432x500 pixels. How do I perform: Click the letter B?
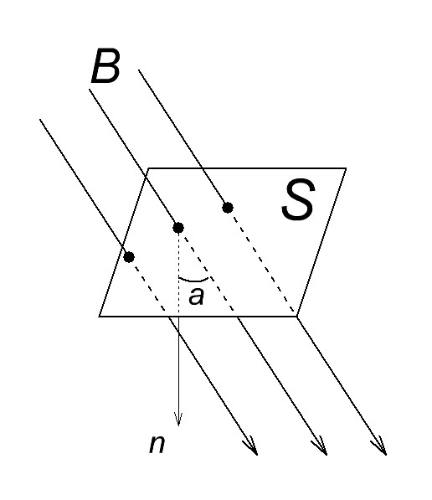[x=105, y=66]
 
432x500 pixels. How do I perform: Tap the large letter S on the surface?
[x=298, y=199]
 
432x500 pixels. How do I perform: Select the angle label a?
[x=196, y=296]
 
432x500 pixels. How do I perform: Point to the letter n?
[x=157, y=444]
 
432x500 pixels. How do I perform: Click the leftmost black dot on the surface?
[x=129, y=256]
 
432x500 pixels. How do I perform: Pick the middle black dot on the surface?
[x=178, y=228]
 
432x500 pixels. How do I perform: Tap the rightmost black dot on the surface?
[x=228, y=208]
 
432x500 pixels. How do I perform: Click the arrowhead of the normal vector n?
[x=178, y=420]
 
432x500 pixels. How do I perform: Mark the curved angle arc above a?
[x=193, y=281]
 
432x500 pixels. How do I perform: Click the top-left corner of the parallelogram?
[x=148, y=168]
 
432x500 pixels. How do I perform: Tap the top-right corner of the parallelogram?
[x=347, y=168]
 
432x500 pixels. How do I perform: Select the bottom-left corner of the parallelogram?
[x=100, y=317]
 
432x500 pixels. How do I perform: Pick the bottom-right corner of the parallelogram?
[x=297, y=317]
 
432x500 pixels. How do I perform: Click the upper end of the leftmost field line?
[x=40, y=119]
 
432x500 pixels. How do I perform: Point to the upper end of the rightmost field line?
[x=139, y=70]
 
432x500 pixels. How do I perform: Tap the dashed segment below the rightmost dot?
[x=263, y=263]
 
